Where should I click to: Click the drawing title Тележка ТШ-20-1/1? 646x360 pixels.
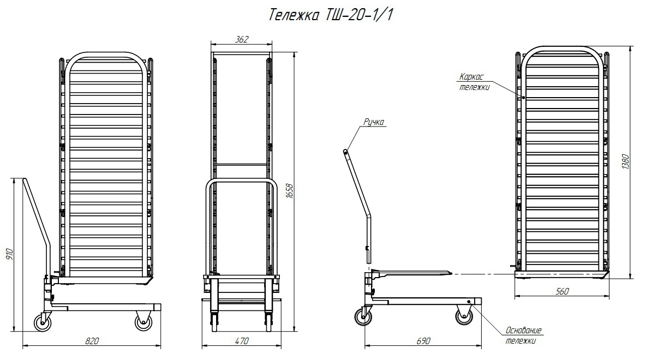tap(331, 15)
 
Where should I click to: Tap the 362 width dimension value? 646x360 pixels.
tap(242, 39)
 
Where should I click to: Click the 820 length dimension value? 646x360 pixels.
tap(92, 341)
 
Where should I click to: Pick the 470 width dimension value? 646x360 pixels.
tap(241, 341)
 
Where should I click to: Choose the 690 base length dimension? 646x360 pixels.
tap(423, 341)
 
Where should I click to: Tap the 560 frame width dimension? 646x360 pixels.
tap(562, 292)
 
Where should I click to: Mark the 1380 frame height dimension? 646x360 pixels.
tap(625, 161)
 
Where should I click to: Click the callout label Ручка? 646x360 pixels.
tap(374, 122)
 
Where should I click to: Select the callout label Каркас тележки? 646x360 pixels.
tap(474, 82)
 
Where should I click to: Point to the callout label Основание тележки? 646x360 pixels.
tap(522, 335)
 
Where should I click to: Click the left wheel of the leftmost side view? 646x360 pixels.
tap(43, 321)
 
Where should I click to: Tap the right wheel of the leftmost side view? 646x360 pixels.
tap(143, 321)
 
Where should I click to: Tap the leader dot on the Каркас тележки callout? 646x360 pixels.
tap(523, 98)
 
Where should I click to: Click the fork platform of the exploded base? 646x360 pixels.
tap(412, 272)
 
